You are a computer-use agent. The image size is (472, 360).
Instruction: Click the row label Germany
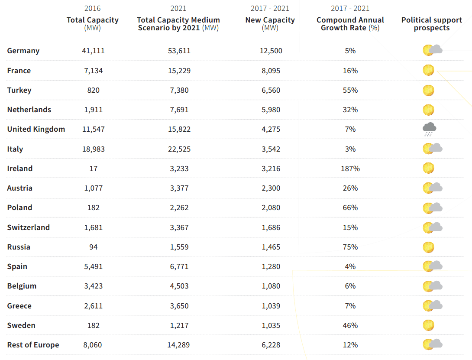[x=23, y=51]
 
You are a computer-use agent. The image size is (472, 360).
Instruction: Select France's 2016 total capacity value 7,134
[x=93, y=71]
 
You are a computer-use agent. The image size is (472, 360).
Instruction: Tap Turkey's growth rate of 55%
[x=350, y=90]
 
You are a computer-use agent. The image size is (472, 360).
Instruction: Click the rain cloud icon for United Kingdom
[x=429, y=129]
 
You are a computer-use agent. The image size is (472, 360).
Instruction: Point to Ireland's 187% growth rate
[x=350, y=169]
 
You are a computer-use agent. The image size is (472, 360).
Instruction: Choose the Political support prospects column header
[x=431, y=24]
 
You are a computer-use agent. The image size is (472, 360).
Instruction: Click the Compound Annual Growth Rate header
[x=350, y=24]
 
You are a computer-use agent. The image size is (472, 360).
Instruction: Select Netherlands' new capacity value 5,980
[x=271, y=110]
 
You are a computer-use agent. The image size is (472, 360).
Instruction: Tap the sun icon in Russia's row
[x=428, y=247]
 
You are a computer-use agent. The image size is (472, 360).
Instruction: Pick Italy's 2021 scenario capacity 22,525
[x=179, y=149]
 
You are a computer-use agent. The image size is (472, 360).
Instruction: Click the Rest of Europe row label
[x=33, y=345]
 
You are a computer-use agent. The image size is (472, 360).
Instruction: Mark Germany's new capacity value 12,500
[x=271, y=51]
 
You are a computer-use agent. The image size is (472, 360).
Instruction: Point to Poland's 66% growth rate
[x=350, y=208]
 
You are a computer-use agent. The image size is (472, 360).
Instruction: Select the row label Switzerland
[x=28, y=227]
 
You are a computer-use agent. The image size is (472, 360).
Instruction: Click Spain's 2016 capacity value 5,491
[x=93, y=266]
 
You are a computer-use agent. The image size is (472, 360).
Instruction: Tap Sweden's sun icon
[x=428, y=325]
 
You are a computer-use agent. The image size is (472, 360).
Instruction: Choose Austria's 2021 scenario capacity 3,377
[x=179, y=188]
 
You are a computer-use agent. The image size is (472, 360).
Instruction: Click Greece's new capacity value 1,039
[x=271, y=306]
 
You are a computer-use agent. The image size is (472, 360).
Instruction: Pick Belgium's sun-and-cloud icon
[x=432, y=286]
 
